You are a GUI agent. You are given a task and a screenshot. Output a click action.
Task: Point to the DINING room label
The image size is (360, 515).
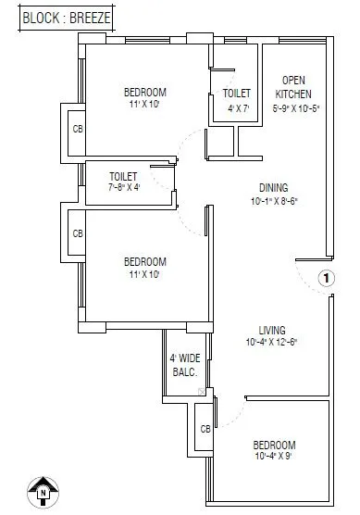pyautogui.click(x=272, y=186)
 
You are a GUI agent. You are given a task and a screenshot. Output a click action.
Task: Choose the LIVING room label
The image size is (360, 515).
pyautogui.click(x=271, y=330)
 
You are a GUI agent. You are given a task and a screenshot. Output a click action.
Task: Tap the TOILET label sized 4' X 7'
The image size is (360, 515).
pyautogui.click(x=236, y=94)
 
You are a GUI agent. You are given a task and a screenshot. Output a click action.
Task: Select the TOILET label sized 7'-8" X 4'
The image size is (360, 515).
pyautogui.click(x=123, y=175)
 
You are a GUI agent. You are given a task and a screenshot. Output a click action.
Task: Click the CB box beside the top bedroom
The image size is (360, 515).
pyautogui.click(x=78, y=129)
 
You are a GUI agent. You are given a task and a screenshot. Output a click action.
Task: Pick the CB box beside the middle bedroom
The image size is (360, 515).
pyautogui.click(x=78, y=233)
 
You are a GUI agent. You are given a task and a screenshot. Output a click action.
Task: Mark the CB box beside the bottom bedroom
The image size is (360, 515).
pyautogui.click(x=205, y=430)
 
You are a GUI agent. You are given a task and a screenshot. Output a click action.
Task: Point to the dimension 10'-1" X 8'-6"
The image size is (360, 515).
pyautogui.click(x=272, y=200)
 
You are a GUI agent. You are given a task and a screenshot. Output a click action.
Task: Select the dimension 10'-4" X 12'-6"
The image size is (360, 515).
pyautogui.click(x=271, y=343)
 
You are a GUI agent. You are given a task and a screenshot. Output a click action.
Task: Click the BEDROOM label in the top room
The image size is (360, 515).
pyautogui.click(x=145, y=92)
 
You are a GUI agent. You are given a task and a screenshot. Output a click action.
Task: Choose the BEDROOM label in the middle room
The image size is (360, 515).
pyautogui.click(x=145, y=261)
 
